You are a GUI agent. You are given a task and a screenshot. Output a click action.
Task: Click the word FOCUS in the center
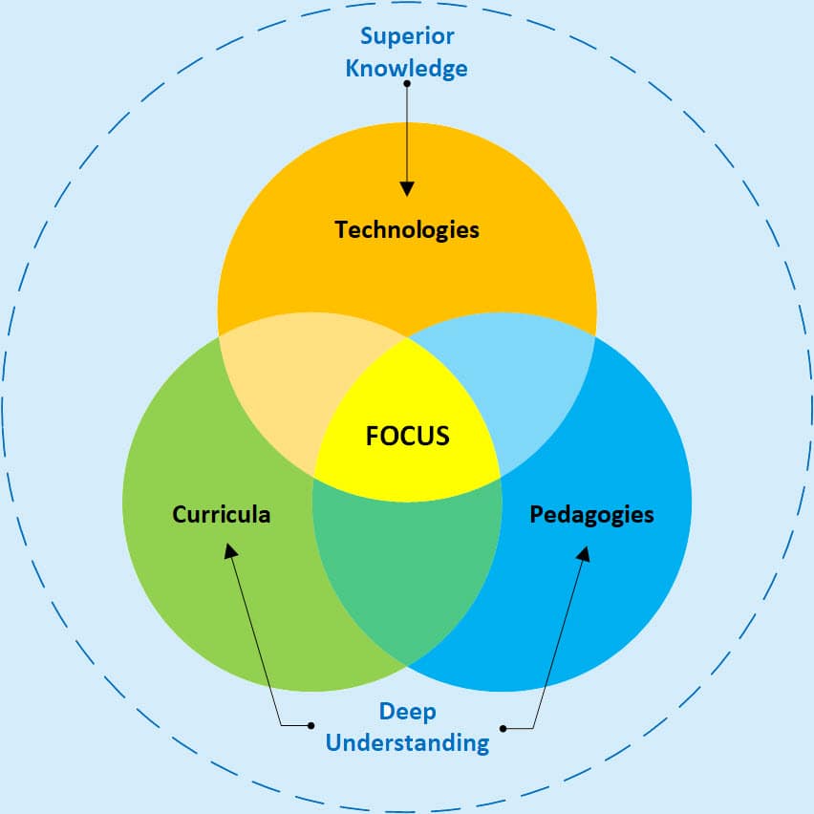pos(407,436)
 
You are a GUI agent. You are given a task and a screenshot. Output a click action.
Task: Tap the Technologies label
pos(407,229)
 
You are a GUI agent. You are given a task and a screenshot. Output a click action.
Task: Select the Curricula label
pos(222,514)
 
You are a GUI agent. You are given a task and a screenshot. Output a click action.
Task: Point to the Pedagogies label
pos(591,514)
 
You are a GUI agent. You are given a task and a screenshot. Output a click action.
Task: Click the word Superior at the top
pos(407,36)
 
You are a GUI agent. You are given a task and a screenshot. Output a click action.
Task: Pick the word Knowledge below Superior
pos(407,68)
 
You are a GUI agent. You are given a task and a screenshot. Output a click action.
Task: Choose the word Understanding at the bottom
pos(407,741)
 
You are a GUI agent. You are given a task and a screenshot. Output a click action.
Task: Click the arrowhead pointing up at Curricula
pos(229,551)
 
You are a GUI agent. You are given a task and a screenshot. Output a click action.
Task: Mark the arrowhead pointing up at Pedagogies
pos(584,553)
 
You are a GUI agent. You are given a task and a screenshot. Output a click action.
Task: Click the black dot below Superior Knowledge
pos(408,84)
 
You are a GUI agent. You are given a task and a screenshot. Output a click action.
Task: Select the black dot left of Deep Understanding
pos(311,726)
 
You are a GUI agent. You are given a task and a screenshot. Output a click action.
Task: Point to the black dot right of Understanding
pos(503,729)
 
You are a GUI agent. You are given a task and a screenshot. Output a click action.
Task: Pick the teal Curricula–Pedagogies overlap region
pos(407,573)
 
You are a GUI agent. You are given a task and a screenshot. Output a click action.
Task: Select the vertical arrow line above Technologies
pos(408,134)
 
